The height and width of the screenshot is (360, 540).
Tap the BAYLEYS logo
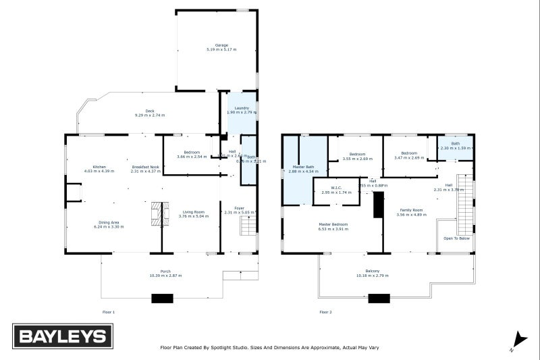pyautogui.click(x=62, y=336)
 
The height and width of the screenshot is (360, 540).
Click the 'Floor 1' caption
pyautogui.click(x=108, y=312)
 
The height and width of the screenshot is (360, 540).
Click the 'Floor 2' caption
pyautogui.click(x=325, y=312)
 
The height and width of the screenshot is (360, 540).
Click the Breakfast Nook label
pyautogui.click(x=145, y=167)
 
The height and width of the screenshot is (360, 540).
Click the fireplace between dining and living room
pyautogui.click(x=158, y=213)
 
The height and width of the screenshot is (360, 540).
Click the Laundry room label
pyautogui.click(x=242, y=108)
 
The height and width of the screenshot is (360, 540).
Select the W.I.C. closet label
pyautogui.click(x=337, y=188)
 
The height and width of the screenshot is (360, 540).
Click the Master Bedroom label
pyautogui.click(x=333, y=224)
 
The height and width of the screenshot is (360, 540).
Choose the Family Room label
pyautogui.click(x=411, y=210)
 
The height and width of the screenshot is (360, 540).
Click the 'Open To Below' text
pyautogui.click(x=456, y=238)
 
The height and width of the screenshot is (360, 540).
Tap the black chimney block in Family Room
pyautogui.click(x=378, y=205)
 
